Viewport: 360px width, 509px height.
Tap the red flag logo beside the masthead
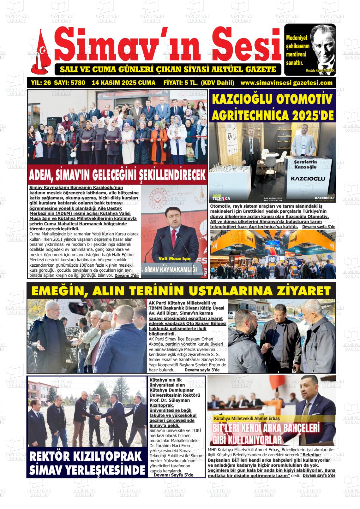[x=40, y=52]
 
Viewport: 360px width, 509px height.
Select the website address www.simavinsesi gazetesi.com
[x=286, y=83]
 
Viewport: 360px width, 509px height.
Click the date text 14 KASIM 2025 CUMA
[x=123, y=83]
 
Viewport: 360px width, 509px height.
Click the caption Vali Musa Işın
[x=174, y=259]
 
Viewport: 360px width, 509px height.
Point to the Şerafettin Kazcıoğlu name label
[x=305, y=164]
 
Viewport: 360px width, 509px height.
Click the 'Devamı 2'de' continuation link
[x=126, y=275]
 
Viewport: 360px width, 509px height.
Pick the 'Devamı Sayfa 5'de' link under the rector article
[x=173, y=475]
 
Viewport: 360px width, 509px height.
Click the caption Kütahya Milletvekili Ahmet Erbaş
[x=247, y=418]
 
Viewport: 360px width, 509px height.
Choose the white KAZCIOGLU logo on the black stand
[x=308, y=179]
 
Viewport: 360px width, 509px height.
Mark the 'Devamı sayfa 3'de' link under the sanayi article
[x=202, y=370]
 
